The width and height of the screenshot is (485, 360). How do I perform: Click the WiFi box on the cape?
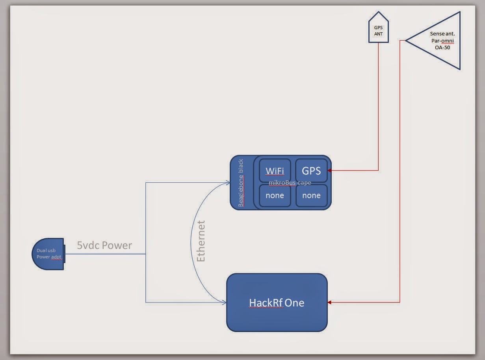[275, 171]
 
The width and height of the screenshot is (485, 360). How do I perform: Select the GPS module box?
[311, 171]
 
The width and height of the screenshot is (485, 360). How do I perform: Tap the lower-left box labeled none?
[275, 196]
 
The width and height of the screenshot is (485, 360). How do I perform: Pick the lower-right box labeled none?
[311, 196]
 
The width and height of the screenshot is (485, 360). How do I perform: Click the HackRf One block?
[277, 302]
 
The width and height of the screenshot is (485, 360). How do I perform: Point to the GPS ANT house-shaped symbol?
[378, 30]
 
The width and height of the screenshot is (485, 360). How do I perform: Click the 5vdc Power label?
[104, 245]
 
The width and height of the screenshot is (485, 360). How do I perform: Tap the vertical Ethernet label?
[201, 241]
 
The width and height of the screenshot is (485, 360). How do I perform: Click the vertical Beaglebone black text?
[241, 183]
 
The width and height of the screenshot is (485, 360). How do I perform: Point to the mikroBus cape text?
[290, 183]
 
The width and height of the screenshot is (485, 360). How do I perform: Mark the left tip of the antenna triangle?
[406, 40]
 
